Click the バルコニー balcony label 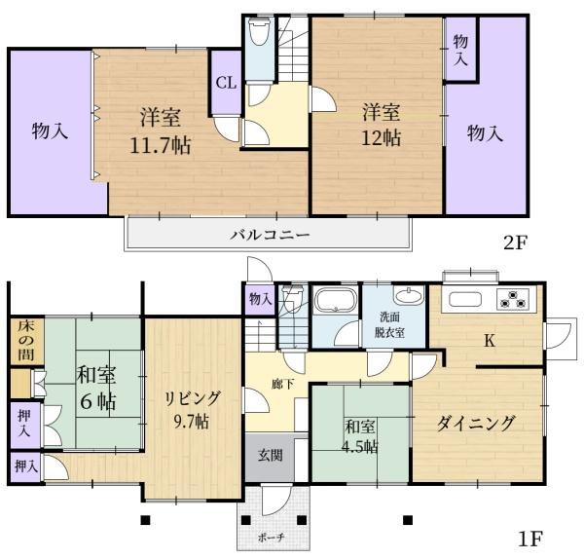coord(270,235)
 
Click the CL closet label coord(226,83)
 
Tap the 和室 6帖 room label coord(94,388)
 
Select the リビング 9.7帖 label coord(192,409)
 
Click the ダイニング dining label coord(475,424)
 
